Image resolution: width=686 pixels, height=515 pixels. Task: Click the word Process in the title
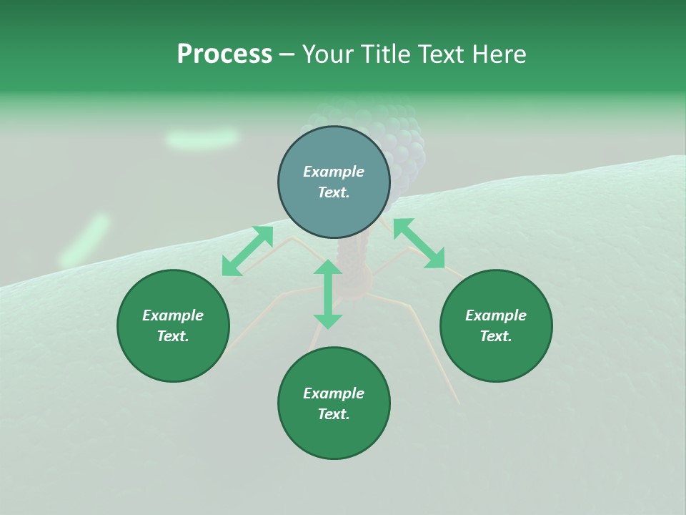[x=224, y=54]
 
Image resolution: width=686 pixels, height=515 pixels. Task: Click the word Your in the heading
[x=327, y=54]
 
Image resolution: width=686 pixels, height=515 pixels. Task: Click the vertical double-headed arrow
[x=328, y=295]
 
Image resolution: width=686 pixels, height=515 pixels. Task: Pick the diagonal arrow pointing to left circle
[x=247, y=251]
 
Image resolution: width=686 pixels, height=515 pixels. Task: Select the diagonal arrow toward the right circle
[x=419, y=244]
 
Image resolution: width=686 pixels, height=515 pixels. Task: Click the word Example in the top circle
[x=334, y=172]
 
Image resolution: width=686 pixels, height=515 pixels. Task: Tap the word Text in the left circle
[x=173, y=336]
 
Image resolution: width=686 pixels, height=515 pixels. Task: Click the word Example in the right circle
[x=496, y=315]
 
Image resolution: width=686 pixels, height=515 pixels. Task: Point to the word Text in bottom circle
[x=334, y=414]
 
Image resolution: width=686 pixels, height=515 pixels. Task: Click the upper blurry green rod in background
[x=202, y=138]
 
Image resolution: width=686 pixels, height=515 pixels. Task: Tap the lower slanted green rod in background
[x=85, y=241]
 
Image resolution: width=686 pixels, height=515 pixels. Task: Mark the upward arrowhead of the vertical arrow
[x=328, y=268]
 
